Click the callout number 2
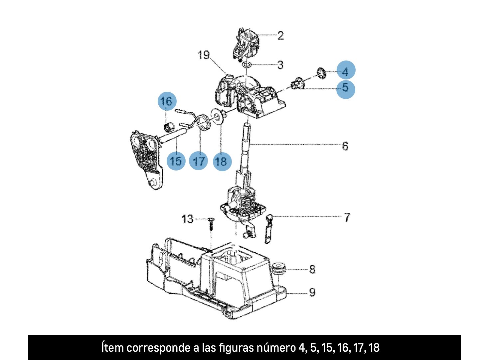tap(280, 36)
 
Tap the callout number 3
tap(280, 65)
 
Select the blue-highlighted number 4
tap(346, 71)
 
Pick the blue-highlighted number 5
tap(346, 88)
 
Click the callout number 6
tap(345, 146)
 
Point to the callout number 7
tap(347, 217)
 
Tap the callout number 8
tap(312, 269)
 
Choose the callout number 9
tap(312, 292)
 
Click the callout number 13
tap(187, 219)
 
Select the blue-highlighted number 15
tap(176, 161)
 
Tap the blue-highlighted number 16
tap(167, 101)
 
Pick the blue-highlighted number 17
tap(199, 161)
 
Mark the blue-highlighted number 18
tap(222, 161)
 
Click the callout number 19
tap(204, 55)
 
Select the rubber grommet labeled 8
tap(278, 268)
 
